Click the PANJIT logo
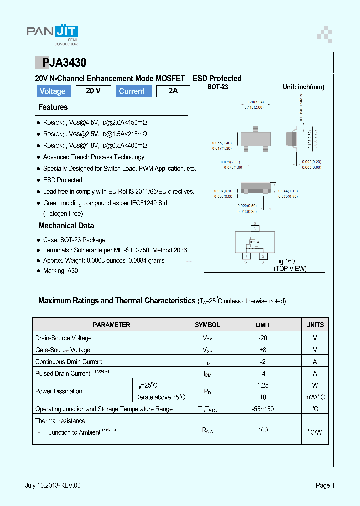52,32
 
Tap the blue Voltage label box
53,91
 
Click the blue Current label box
132,91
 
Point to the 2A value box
173,91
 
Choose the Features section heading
53,107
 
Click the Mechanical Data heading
66,226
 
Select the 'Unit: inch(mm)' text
303,87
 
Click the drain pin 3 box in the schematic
255,228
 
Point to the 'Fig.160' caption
285,261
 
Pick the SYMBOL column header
207,325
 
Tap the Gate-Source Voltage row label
63,350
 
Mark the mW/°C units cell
315,397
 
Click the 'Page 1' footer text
325,485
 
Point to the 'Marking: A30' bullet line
61,271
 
